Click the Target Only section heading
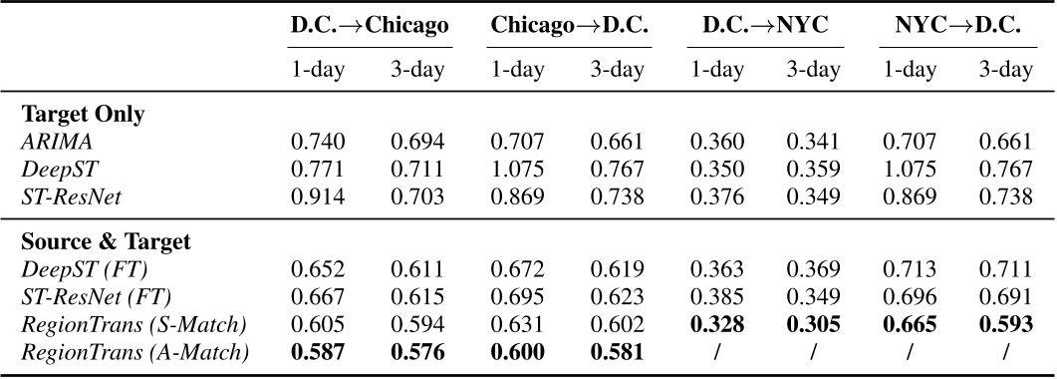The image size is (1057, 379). point(85,114)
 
